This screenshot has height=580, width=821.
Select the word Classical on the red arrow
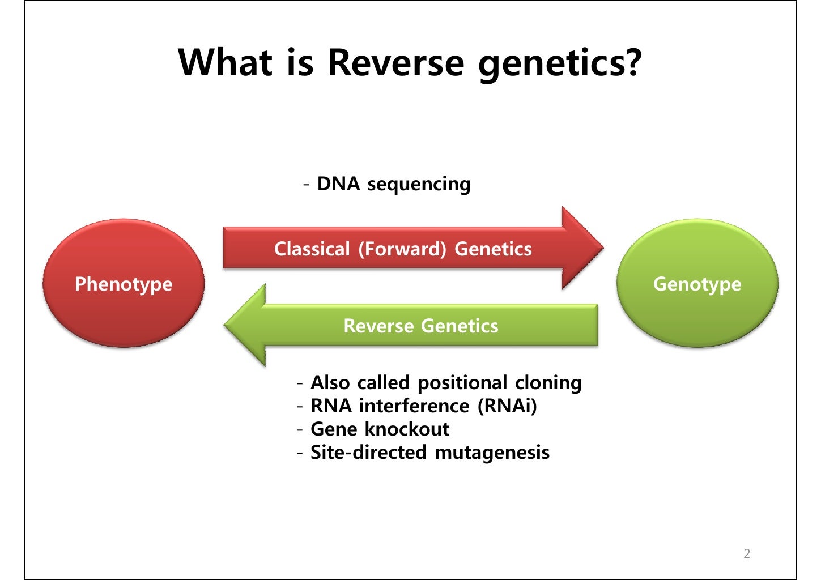point(312,249)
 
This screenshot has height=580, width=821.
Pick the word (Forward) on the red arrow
point(402,249)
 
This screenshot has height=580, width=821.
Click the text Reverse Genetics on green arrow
point(420,326)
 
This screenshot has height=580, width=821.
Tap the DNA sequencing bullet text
point(393,184)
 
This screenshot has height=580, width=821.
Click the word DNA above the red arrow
point(338,184)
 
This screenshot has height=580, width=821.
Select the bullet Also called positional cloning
point(446,383)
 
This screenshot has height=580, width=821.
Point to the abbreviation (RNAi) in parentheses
point(507,406)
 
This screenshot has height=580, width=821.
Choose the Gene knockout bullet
point(380,429)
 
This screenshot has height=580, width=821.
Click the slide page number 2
point(746,553)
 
